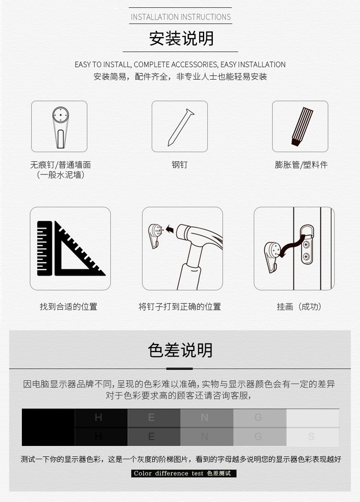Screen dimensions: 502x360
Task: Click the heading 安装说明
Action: [x=181, y=39]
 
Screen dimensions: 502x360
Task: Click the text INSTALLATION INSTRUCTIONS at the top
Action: [x=181, y=17]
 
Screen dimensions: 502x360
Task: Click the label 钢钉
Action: [x=180, y=165]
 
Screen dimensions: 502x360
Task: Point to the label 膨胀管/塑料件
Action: [x=301, y=165]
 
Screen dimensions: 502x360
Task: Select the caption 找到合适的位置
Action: [x=68, y=307]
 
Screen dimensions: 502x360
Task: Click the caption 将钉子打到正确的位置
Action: [x=180, y=307]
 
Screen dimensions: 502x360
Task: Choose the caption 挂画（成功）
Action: [x=299, y=307]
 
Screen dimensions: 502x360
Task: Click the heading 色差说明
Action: [x=180, y=350]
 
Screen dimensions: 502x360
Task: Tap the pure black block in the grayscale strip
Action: [x=48, y=427]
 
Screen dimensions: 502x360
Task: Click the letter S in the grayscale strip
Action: [x=311, y=437]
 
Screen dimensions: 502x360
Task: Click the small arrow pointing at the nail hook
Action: [x=170, y=230]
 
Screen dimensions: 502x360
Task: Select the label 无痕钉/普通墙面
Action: [x=60, y=165]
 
